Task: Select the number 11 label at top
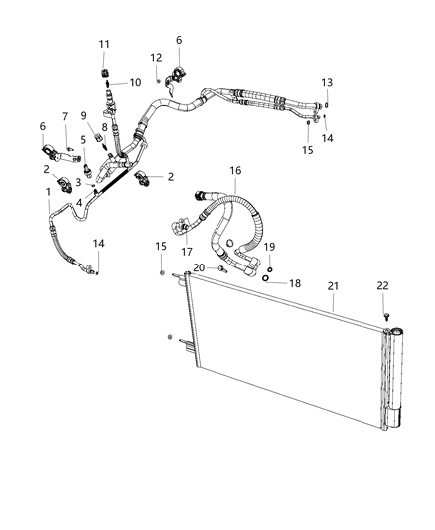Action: click(105, 44)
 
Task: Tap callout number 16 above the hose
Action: click(234, 171)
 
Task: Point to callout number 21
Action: click(333, 286)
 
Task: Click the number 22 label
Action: click(384, 286)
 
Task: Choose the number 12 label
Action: click(156, 57)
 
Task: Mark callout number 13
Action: click(327, 82)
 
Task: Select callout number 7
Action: click(65, 117)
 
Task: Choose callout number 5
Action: click(83, 140)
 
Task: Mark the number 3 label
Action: click(79, 181)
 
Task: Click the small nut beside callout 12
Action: click(159, 79)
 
